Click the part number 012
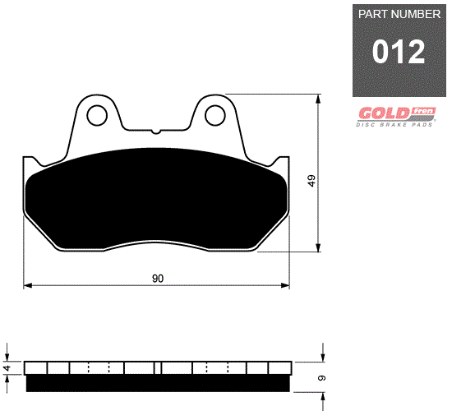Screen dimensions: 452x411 pyautogui.click(x=399, y=52)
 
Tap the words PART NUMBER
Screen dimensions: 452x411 pyautogui.click(x=399, y=14)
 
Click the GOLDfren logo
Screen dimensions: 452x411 pyautogui.click(x=397, y=113)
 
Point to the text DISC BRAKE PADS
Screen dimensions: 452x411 pyautogui.click(x=394, y=125)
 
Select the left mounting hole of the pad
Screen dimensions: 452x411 pyautogui.click(x=97, y=115)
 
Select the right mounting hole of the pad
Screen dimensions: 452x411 pyautogui.click(x=214, y=115)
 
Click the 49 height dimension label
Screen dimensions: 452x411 pyautogui.click(x=311, y=181)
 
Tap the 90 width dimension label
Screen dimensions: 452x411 pyautogui.click(x=158, y=279)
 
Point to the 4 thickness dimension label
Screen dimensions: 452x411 pyautogui.click(x=7, y=367)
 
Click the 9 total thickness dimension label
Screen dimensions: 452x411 pyautogui.click(x=321, y=377)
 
